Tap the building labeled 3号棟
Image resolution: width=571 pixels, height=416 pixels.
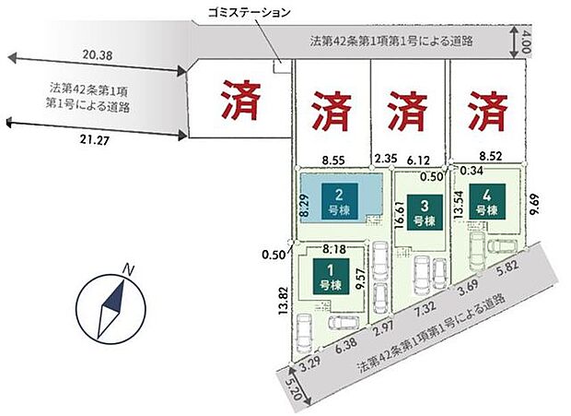[423, 213]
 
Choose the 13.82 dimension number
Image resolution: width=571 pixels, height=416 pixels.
[284, 303]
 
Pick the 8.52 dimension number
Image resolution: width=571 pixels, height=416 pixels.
[492, 158]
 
